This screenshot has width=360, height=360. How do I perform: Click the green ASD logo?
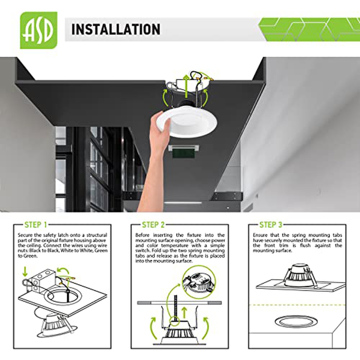(x=39, y=30)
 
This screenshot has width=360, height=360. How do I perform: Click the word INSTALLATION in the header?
(x=116, y=29)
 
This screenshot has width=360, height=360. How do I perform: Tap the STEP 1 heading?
(x=35, y=225)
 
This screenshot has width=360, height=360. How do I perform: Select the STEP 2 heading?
(x=153, y=225)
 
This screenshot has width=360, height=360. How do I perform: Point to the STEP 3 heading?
(x=271, y=225)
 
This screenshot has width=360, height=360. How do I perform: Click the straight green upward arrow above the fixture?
(x=186, y=86)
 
